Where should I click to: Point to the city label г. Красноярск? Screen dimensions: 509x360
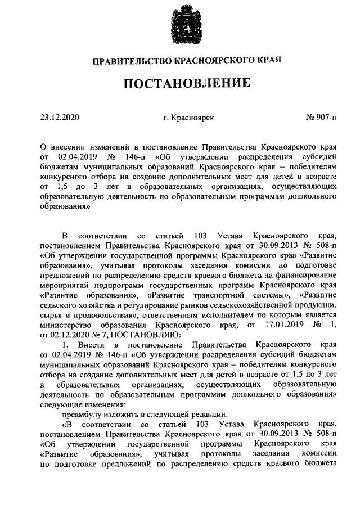pos(188,118)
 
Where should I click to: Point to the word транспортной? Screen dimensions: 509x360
pos(229,297)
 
